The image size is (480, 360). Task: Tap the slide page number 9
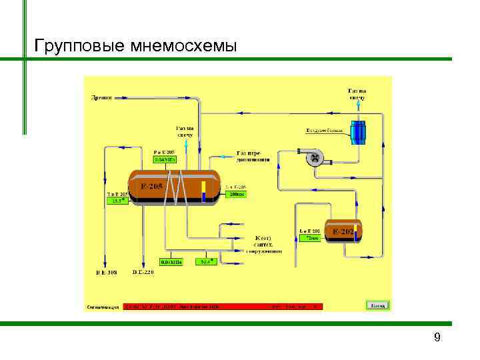437,337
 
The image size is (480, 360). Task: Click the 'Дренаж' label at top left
101,97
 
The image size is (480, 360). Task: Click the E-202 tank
343,231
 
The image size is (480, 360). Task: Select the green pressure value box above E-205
165,160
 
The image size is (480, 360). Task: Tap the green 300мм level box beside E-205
237,195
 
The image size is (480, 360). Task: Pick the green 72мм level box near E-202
310,237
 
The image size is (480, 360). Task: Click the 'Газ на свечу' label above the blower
357,94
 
